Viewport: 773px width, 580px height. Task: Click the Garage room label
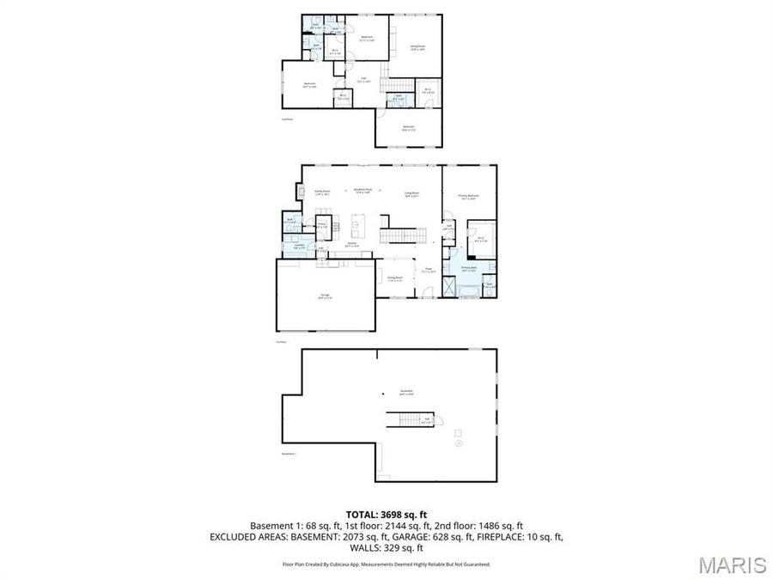pyautogui.click(x=326, y=296)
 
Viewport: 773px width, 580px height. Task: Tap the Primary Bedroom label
pyautogui.click(x=468, y=197)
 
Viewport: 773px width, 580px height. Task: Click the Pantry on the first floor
pyautogui.click(x=323, y=227)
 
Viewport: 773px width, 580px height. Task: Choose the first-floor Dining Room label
pyautogui.click(x=395, y=278)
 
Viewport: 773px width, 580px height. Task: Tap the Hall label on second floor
pyautogui.click(x=364, y=81)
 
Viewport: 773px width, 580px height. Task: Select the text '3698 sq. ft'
pyautogui.click(x=408, y=513)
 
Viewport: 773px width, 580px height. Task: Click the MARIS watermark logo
pyautogui.click(x=732, y=565)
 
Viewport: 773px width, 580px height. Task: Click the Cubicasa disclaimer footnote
pyautogui.click(x=386, y=565)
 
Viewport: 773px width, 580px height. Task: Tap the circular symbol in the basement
pyautogui.click(x=459, y=444)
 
